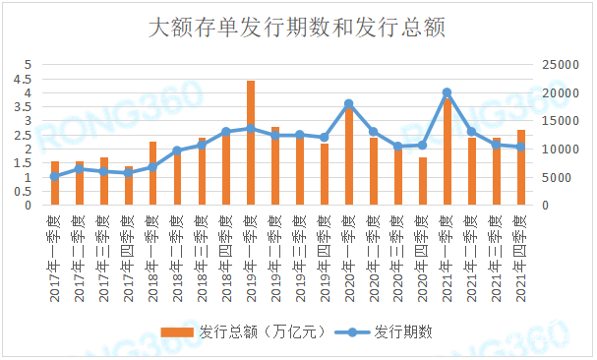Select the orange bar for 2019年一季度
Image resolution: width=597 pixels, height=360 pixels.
(251, 143)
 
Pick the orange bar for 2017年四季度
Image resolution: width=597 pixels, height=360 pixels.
(128, 186)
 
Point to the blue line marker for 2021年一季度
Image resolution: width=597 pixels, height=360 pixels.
(447, 92)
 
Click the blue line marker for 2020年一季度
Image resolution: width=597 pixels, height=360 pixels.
(348, 103)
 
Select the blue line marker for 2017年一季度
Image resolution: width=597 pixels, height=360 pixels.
(55, 176)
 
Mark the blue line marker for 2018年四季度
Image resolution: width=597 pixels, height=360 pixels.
(226, 131)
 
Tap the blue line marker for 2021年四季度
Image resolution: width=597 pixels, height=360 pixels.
(520, 148)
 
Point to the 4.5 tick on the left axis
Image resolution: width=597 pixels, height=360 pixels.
(28, 79)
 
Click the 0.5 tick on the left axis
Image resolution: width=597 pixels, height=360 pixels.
(28, 192)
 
